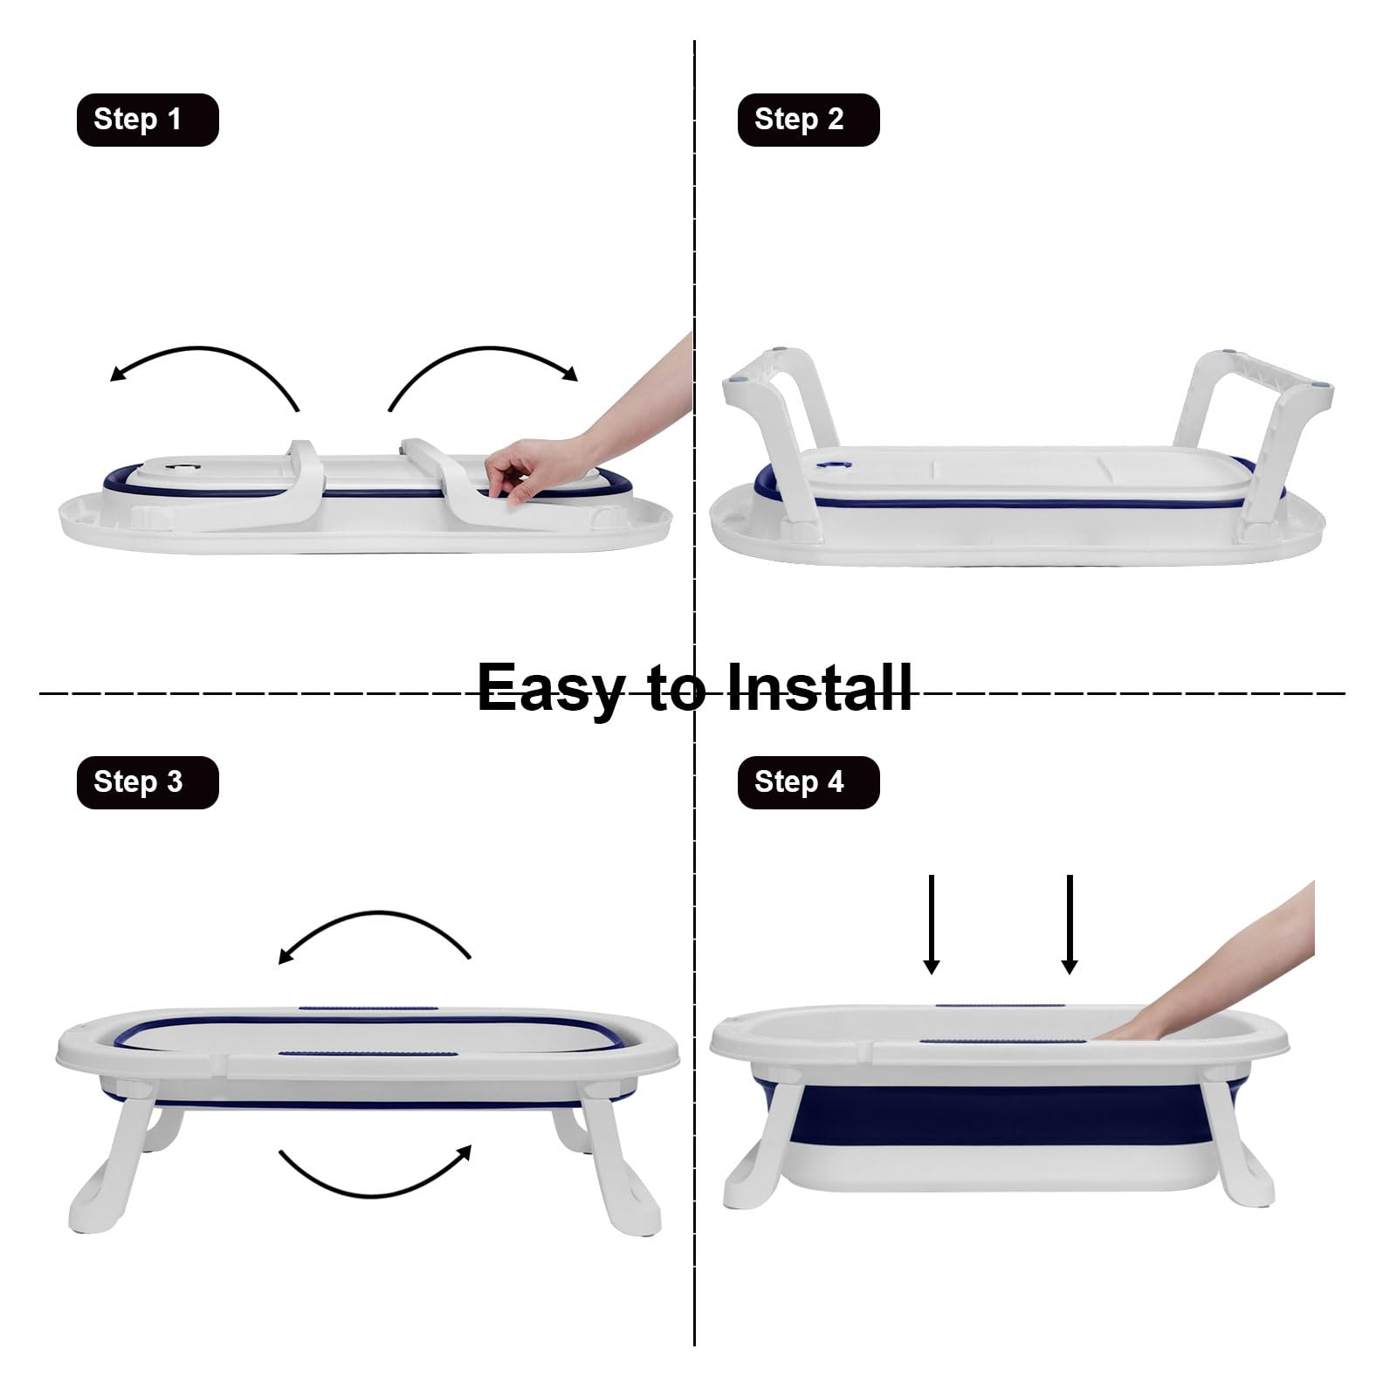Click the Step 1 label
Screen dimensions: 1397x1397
coord(148,120)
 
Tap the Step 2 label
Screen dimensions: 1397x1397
coord(809,120)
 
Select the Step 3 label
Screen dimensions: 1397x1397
coord(148,782)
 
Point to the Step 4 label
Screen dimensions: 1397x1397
coord(809,782)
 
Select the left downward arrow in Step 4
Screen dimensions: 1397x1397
coord(932,924)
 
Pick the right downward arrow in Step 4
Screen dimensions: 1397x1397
coord(1070,924)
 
